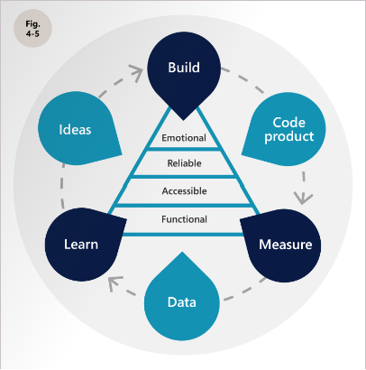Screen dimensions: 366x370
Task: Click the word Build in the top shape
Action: pos(184,68)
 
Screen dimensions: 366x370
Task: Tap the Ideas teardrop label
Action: pos(75,130)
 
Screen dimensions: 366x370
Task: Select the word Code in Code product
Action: pos(289,123)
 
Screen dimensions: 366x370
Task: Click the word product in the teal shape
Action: pos(289,137)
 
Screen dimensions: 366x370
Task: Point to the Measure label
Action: pos(286,245)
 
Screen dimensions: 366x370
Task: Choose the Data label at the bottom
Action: pos(182,302)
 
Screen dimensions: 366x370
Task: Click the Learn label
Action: pos(81,245)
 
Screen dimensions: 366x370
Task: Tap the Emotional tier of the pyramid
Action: pos(184,138)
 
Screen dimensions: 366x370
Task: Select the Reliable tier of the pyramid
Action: pos(184,163)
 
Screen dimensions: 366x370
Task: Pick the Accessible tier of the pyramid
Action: pos(184,191)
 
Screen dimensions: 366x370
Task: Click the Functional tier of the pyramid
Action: pos(184,219)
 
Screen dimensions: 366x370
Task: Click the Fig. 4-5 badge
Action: pos(32,28)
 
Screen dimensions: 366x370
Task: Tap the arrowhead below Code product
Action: pos(303,199)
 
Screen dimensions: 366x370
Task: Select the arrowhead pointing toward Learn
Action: pos(114,282)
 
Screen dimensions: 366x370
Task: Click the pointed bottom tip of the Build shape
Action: pos(183,120)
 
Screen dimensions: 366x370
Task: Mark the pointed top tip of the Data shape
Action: pos(182,253)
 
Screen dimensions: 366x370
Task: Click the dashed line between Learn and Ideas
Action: pos(61,187)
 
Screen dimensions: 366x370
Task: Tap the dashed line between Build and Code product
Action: pos(243,79)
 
